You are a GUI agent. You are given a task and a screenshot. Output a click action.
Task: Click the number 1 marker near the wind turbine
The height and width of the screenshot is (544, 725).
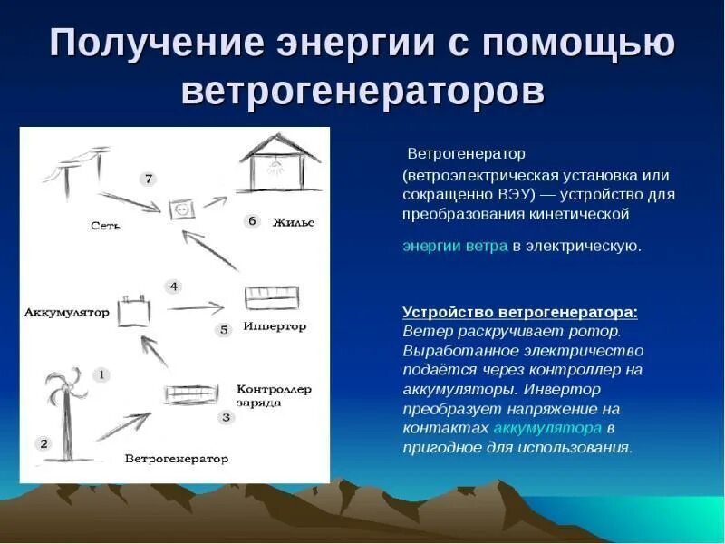pos(102,374)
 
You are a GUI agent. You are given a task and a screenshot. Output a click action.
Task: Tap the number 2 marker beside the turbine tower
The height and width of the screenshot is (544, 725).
pos(43,443)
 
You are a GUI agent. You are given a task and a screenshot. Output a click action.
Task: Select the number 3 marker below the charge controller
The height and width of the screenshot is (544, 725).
pos(226,417)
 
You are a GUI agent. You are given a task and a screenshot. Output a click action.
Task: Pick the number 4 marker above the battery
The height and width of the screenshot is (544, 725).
pos(174,287)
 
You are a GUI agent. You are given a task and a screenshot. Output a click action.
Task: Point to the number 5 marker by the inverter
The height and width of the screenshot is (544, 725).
pos(224,330)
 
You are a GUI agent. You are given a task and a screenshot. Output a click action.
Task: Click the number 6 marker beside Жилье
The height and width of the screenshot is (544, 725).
pos(253,221)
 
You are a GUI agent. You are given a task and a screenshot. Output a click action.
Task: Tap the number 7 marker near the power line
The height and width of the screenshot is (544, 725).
pos(149,179)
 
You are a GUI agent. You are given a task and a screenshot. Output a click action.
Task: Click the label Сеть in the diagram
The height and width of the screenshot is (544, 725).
pos(105,225)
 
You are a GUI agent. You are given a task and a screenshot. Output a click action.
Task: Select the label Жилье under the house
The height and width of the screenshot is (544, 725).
pos(293,222)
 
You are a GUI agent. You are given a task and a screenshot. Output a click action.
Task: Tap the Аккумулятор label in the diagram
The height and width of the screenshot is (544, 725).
pos(66,313)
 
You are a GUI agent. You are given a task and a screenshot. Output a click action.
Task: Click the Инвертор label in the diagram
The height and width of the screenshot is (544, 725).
pos(275,326)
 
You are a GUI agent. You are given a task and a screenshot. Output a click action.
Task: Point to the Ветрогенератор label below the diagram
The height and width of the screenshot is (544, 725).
pos(177,459)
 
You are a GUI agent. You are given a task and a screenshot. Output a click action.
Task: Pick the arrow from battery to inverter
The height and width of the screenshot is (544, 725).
pos(195,307)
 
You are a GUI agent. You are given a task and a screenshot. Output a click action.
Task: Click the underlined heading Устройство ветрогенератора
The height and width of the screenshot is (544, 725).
pos(519,312)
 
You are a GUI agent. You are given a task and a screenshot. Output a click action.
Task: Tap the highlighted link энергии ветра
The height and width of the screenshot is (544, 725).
pos(455,246)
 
